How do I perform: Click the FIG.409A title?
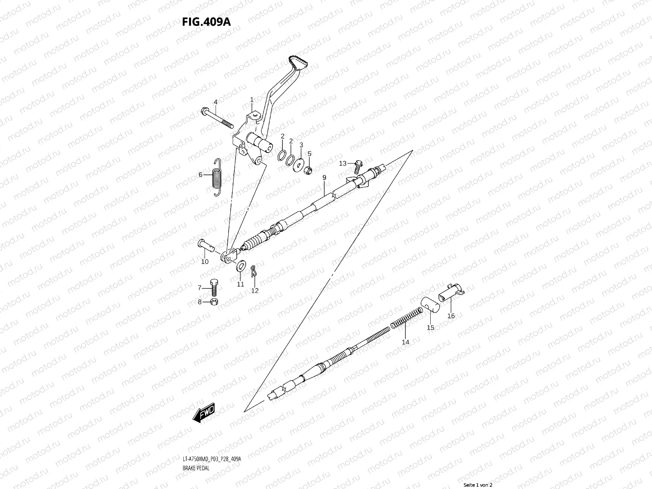point(206,22)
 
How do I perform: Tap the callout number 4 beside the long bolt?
point(216,102)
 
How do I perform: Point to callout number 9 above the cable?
point(324,178)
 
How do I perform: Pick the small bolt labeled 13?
point(358,164)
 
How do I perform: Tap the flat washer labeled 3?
point(300,164)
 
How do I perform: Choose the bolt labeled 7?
point(214,287)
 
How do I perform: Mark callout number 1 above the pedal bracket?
point(252,99)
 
